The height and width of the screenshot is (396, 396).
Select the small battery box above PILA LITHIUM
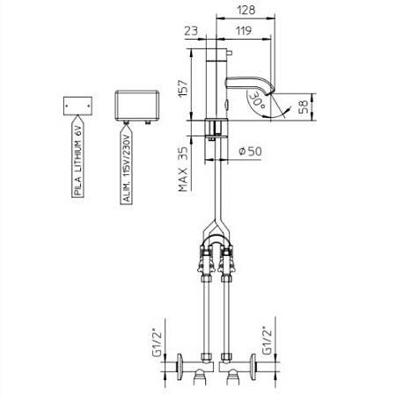point(77,105)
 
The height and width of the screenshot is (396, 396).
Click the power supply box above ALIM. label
point(136,103)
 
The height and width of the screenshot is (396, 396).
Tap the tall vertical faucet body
point(216,88)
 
